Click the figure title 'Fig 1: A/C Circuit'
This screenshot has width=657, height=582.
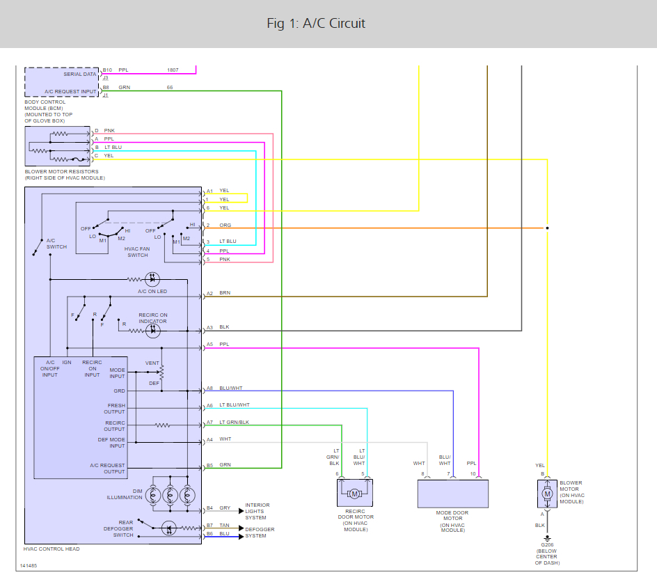(316, 24)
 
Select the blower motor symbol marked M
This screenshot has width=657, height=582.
(547, 494)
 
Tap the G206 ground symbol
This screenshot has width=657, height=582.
(547, 537)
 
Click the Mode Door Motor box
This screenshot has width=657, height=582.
(452, 494)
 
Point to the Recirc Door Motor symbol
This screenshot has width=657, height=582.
(354, 494)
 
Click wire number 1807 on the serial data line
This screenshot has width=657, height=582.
(172, 70)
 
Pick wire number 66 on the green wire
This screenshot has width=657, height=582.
(170, 88)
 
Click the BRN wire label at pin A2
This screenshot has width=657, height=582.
(224, 293)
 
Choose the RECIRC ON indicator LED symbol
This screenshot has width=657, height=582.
(152, 331)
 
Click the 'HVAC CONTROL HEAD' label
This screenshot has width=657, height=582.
(52, 549)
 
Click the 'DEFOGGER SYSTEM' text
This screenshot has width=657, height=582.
(260, 532)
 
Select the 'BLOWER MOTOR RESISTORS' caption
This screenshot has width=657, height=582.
(61, 171)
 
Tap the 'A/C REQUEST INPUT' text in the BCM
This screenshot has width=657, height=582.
(70, 92)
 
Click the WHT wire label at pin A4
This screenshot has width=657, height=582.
(225, 439)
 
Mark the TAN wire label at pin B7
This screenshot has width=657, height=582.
(224, 526)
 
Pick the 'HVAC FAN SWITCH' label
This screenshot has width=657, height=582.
(137, 251)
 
